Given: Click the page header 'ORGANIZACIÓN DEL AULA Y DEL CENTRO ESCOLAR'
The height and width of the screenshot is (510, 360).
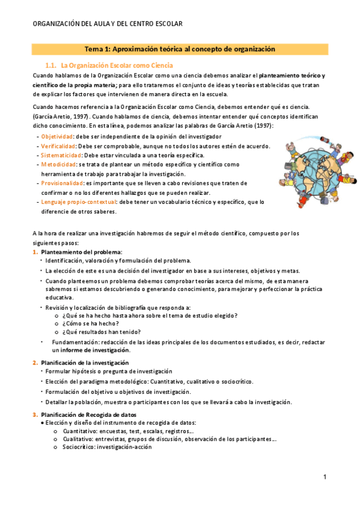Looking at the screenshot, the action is point(108,23).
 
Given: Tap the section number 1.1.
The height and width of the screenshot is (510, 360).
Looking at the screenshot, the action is point(50,65).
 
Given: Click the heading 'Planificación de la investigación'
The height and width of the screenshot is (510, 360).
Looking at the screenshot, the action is point(85,363).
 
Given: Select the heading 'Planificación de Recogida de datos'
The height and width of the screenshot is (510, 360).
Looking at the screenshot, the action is point(88,414).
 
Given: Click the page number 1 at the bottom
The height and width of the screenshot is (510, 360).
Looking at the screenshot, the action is point(325,478).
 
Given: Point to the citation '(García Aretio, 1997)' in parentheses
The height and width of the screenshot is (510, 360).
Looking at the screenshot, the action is point(62,116).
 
